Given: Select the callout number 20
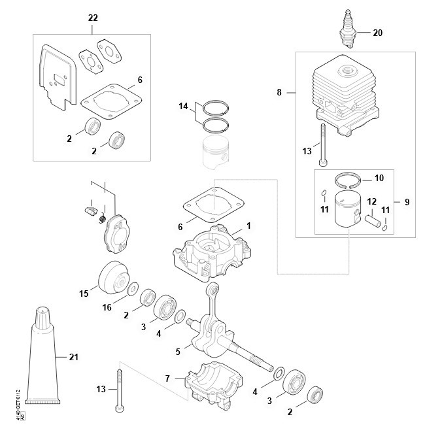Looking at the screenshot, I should [x=379, y=32].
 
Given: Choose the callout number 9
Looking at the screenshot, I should [x=406, y=202].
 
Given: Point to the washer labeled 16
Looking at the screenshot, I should [x=132, y=288].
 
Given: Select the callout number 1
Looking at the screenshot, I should [x=248, y=225].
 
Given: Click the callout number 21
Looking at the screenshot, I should [x=73, y=357].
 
